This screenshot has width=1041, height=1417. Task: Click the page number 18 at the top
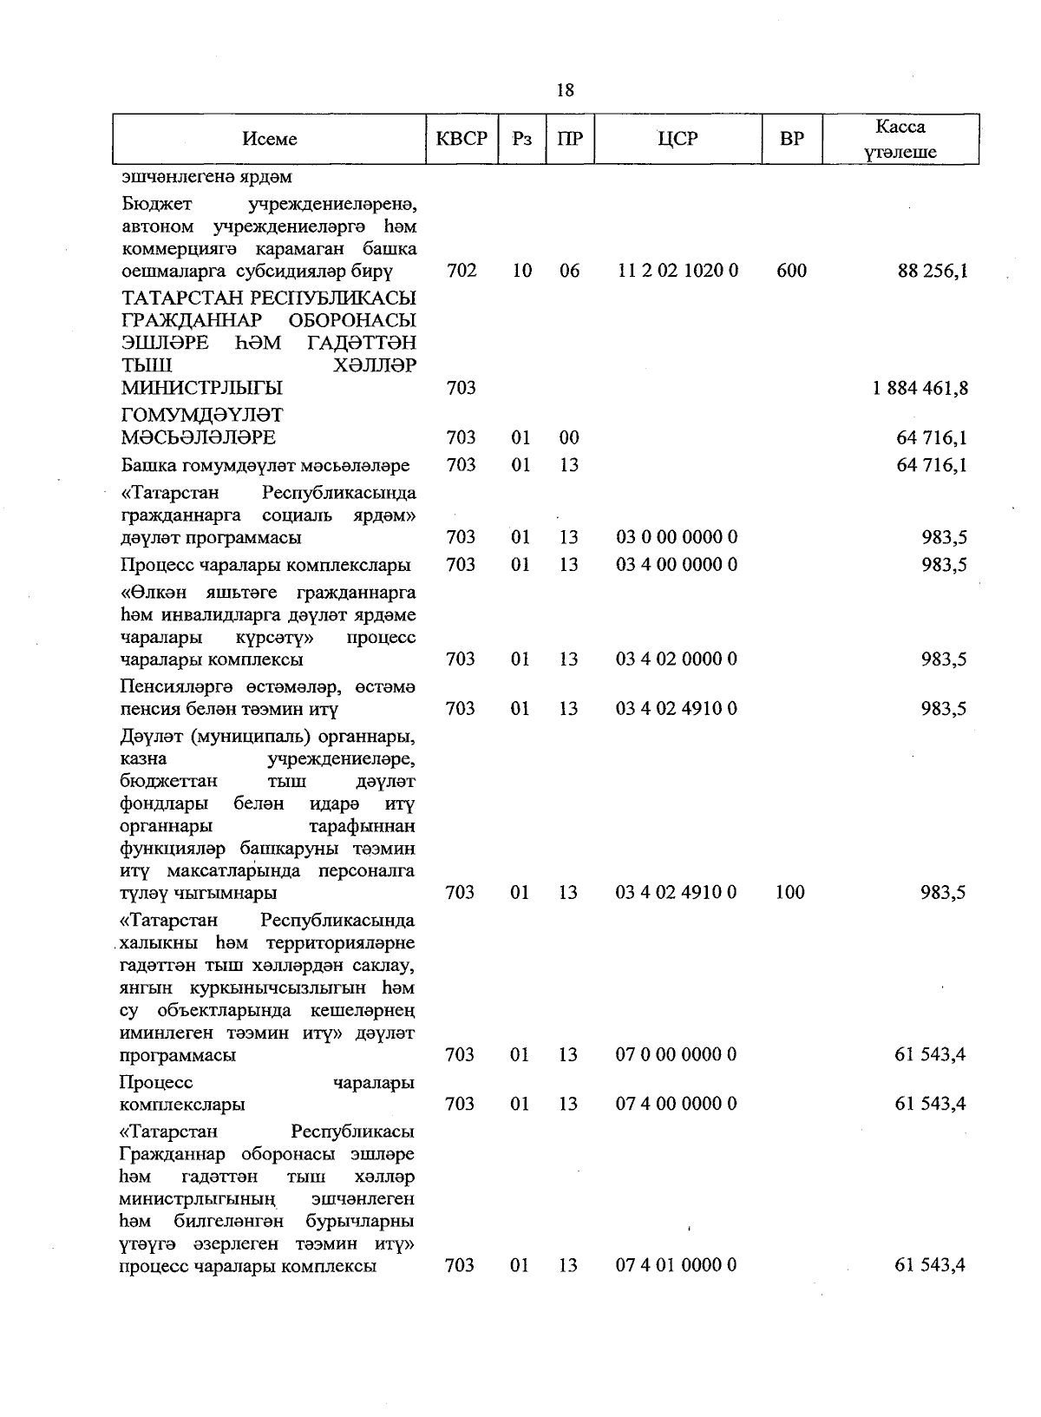pos(565,90)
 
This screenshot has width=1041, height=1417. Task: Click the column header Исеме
pos(270,139)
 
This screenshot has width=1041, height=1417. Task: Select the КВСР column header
pos(462,139)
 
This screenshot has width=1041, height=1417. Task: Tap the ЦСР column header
pos(678,139)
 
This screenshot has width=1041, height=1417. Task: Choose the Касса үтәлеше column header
pos(900,140)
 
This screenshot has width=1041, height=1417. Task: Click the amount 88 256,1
pos(933,271)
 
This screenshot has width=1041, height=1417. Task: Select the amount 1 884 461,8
pos(920,388)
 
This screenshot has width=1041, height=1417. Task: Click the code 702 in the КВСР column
pos(462,271)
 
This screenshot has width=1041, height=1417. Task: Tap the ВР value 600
pos(791,271)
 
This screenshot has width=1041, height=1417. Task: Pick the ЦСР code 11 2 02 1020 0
pos(678,271)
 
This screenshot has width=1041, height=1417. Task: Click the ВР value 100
pos(790,892)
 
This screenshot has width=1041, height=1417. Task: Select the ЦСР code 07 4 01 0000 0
pos(677,1265)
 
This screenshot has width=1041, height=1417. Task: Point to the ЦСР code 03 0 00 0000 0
pos(677,537)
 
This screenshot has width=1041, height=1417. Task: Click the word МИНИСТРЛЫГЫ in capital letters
pos(202,388)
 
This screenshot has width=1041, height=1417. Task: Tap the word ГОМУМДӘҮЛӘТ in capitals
pos(202,415)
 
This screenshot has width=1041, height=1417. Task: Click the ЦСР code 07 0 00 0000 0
pos(677,1055)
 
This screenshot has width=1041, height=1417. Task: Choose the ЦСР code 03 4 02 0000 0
pos(677,659)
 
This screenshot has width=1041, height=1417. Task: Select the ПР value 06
pos(569,271)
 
